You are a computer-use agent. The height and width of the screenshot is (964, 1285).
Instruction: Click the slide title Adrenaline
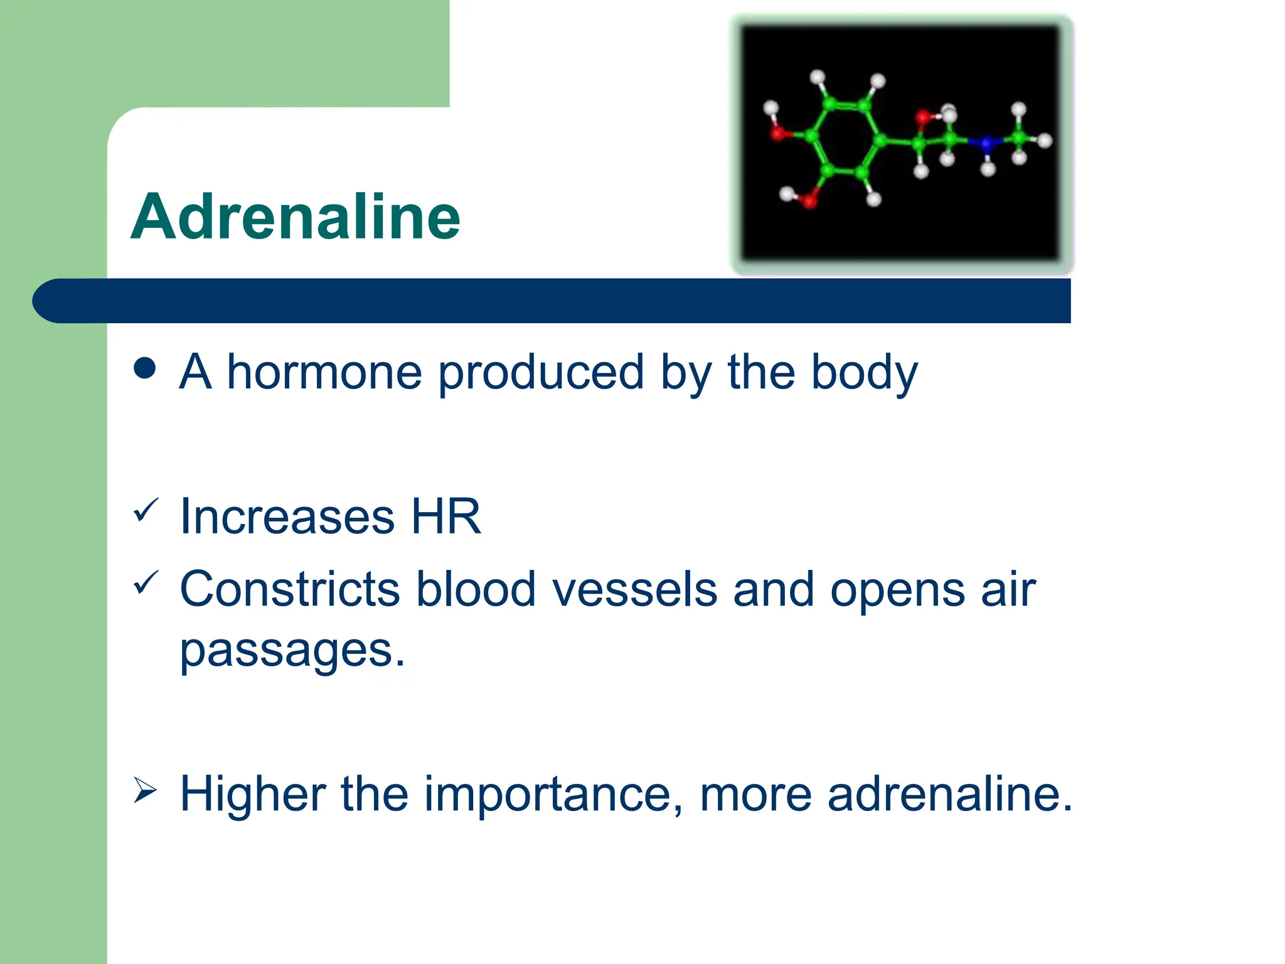[x=295, y=217]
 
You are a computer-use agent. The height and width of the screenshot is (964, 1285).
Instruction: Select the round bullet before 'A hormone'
[x=145, y=368]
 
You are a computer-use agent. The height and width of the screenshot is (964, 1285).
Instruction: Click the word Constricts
[x=289, y=589]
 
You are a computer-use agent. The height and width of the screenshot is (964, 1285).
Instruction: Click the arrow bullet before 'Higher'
[x=145, y=791]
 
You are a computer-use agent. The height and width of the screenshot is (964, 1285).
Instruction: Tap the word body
[x=864, y=372]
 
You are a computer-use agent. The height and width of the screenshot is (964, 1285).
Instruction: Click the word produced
[x=540, y=372]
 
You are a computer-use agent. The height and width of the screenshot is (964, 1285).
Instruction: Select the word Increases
[x=287, y=517]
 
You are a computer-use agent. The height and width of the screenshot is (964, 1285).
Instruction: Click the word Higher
[x=252, y=795]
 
